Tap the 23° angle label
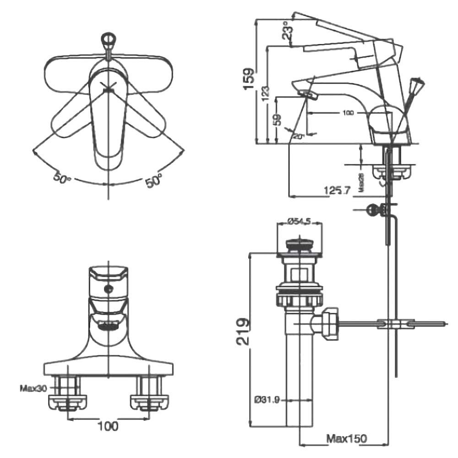288,31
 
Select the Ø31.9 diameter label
267,400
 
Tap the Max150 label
346,438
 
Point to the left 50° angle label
61,178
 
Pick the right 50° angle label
154,180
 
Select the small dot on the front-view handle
109,289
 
